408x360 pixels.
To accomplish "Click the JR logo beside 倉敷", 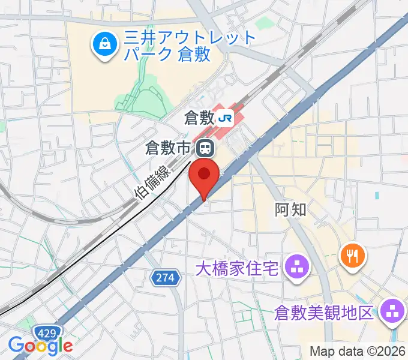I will tap(226, 118).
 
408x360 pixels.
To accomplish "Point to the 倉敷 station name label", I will tap(199, 118).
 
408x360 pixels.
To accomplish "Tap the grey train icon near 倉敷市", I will tap(206, 146).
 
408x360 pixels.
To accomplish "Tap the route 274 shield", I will tap(165, 278).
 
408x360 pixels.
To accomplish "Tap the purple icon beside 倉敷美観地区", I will tap(393, 310).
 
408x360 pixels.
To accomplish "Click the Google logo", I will tap(40, 345).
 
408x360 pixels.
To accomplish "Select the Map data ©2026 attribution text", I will tap(358, 351).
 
